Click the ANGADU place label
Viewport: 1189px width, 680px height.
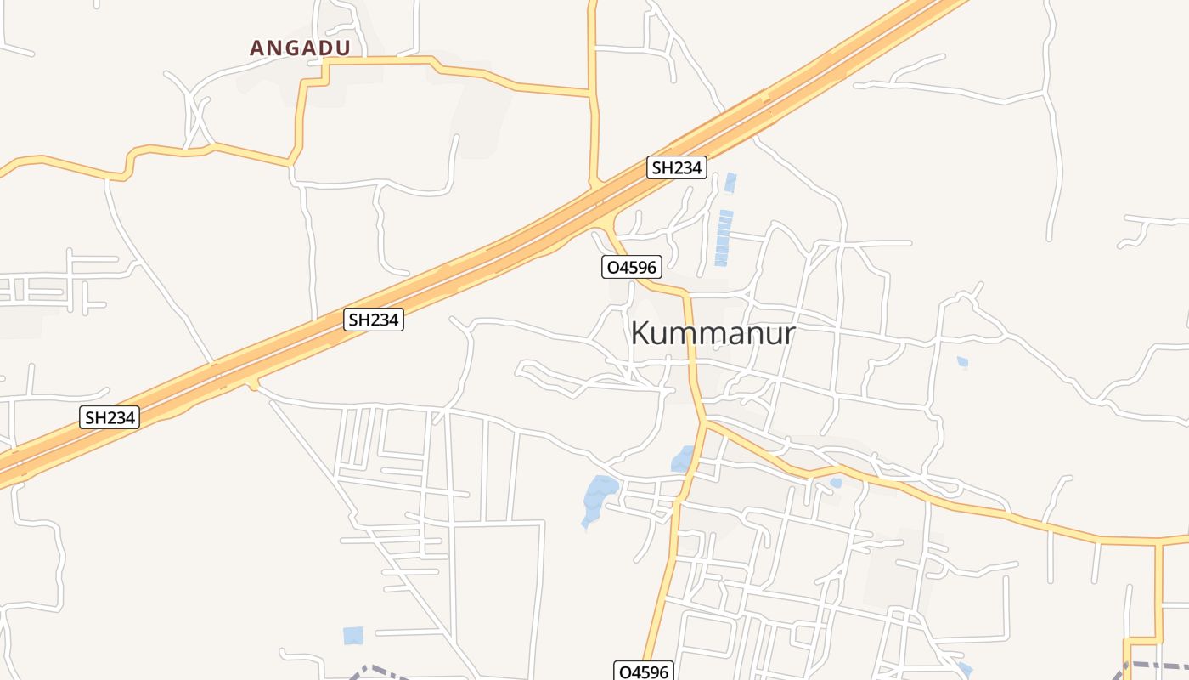click(300, 48)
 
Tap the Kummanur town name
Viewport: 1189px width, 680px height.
click(713, 333)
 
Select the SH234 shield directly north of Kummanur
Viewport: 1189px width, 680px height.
click(676, 167)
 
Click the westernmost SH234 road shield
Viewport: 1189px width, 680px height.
click(110, 417)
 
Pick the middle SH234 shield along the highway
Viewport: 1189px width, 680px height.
click(374, 320)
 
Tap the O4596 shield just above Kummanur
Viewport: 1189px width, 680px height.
click(631, 268)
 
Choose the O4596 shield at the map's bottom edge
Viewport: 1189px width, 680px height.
click(644, 671)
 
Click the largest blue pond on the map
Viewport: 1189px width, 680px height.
click(600, 497)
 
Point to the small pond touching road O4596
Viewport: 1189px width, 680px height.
click(683, 459)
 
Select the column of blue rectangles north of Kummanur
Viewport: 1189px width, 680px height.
click(723, 238)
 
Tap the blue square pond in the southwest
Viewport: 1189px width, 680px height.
click(352, 635)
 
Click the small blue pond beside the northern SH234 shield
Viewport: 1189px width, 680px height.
click(730, 183)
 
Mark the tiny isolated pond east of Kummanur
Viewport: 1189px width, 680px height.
click(962, 362)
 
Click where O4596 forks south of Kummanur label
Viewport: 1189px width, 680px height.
click(704, 421)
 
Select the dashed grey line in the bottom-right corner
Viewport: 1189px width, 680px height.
click(1155, 666)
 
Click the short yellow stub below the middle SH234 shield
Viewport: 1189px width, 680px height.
click(253, 385)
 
